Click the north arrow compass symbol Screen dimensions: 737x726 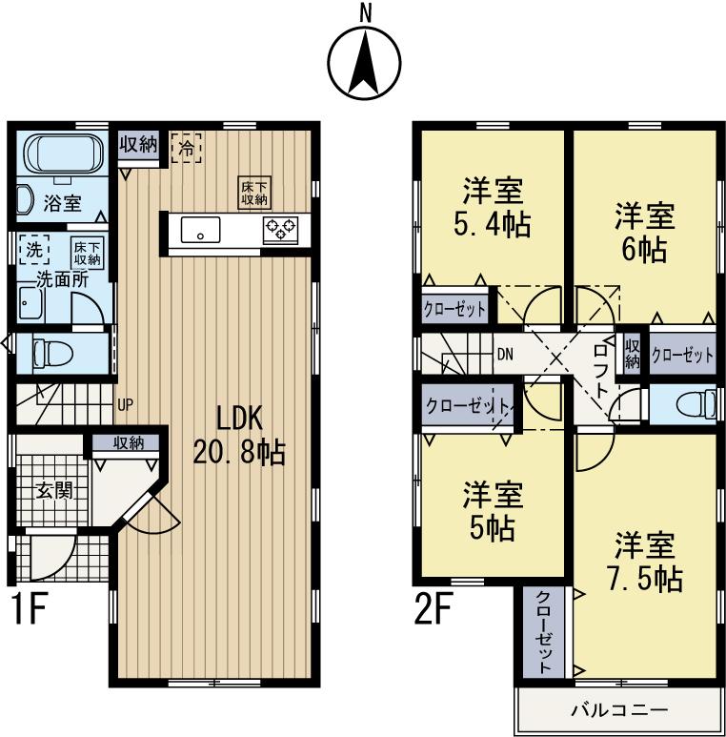[363, 62]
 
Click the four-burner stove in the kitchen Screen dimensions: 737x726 [281, 229]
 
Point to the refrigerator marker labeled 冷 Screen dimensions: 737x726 [187, 148]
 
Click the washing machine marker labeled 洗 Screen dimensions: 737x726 [34, 250]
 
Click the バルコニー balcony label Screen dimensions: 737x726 [619, 710]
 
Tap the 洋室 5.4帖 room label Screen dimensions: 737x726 [493, 207]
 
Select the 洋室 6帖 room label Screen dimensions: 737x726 [645, 233]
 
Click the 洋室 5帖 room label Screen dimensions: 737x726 [493, 511]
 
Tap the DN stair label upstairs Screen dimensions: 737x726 [505, 354]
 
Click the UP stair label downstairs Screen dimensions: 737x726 [125, 404]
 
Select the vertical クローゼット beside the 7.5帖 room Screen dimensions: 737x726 [543, 632]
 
